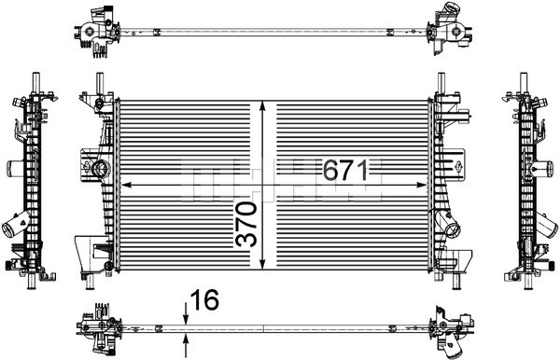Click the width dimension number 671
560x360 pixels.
pyautogui.click(x=345, y=170)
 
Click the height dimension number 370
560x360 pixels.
pyautogui.click(x=246, y=224)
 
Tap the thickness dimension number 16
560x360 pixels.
pyautogui.click(x=204, y=299)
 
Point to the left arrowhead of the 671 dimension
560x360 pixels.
pyautogui.click(x=127, y=185)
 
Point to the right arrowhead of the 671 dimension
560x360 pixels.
pyautogui.click(x=422, y=185)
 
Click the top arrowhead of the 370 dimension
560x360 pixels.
pyautogui.click(x=263, y=106)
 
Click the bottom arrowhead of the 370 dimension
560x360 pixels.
pyautogui.click(x=263, y=264)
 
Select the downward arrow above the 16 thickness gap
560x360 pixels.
pyautogui.click(x=186, y=313)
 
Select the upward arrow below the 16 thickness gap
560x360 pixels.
pyautogui.click(x=186, y=345)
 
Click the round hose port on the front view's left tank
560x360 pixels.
pyautogui.click(x=101, y=169)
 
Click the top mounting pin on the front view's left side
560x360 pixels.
pyautogui.click(x=100, y=84)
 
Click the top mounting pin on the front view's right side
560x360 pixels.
pyautogui.click(x=441, y=83)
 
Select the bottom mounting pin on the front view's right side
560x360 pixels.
pyautogui.click(x=455, y=283)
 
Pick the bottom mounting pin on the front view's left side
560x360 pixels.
pyautogui.click(x=90, y=283)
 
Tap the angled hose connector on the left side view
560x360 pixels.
pyautogui.click(x=16, y=223)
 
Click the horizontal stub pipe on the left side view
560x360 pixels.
pyautogui.click(x=15, y=168)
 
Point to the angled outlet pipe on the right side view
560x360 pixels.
pyautogui.click(x=545, y=226)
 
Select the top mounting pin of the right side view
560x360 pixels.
pyautogui.click(x=524, y=83)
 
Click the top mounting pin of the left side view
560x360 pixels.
pyautogui.click(x=36, y=83)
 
